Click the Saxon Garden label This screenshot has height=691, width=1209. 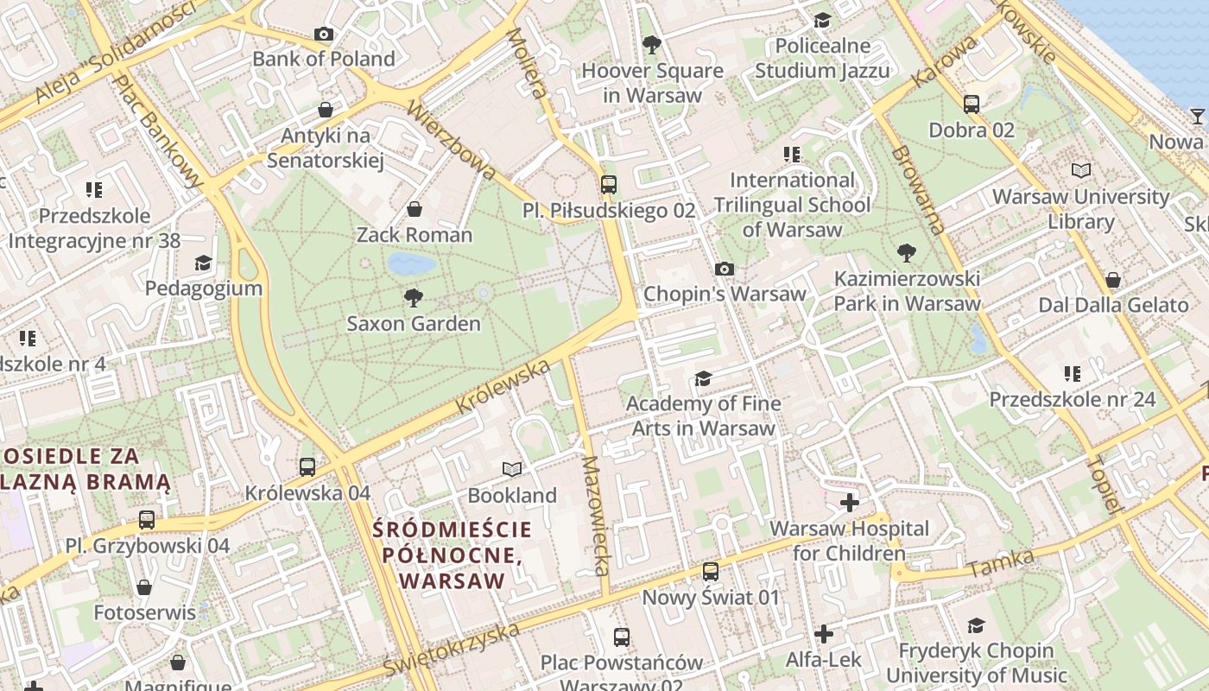click(x=414, y=324)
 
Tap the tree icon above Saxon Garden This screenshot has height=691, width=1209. click(x=414, y=298)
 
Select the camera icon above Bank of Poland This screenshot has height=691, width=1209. click(x=324, y=35)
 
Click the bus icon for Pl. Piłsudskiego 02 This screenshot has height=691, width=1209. click(x=609, y=184)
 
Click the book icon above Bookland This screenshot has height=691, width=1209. click(x=512, y=469)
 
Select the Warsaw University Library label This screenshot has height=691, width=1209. click(x=1080, y=209)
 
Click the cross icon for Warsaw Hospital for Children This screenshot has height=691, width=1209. click(x=850, y=503)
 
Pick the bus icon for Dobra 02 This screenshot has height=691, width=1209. click(x=972, y=105)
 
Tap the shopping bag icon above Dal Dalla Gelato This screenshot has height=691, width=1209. click(x=1113, y=280)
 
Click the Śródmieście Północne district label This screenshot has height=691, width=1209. click(x=452, y=554)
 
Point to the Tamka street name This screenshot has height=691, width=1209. click(x=1001, y=564)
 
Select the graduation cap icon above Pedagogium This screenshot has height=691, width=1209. click(x=203, y=263)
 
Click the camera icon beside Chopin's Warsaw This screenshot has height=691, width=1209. click(x=725, y=269)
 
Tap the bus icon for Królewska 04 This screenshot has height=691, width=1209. click(x=307, y=467)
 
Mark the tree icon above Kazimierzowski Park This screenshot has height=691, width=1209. click(x=906, y=253)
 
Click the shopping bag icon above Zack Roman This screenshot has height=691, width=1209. click(x=415, y=209)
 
